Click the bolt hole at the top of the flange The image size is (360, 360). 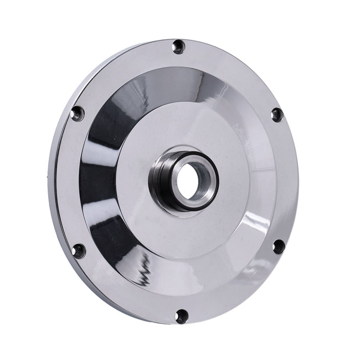click(x=178, y=47)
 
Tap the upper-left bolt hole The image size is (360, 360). click(x=78, y=114)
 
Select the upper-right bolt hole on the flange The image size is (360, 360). click(x=277, y=115)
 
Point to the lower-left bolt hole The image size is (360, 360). click(x=79, y=250)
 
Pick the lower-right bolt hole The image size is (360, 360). click(x=279, y=246)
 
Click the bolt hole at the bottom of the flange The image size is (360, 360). click(x=181, y=316)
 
